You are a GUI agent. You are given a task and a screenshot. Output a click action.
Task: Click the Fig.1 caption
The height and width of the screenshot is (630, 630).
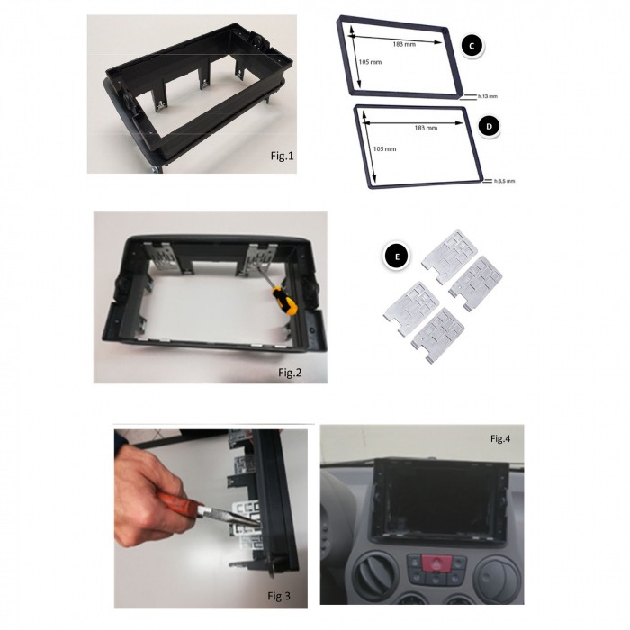point(282,156)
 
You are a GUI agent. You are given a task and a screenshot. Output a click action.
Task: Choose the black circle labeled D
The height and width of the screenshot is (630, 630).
point(487,127)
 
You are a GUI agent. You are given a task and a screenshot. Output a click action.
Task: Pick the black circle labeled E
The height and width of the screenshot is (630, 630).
point(392,256)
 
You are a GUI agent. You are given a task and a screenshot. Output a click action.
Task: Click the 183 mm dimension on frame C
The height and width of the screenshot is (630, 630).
point(404,43)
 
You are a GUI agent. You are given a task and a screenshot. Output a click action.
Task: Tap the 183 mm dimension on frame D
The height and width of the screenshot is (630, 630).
point(426,128)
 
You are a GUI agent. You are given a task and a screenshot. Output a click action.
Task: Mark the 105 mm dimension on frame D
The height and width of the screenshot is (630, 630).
point(383,148)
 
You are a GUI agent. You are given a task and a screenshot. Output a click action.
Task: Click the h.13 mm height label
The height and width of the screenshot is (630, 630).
point(486,94)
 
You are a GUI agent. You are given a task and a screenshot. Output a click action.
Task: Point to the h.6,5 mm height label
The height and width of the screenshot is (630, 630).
point(504,181)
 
